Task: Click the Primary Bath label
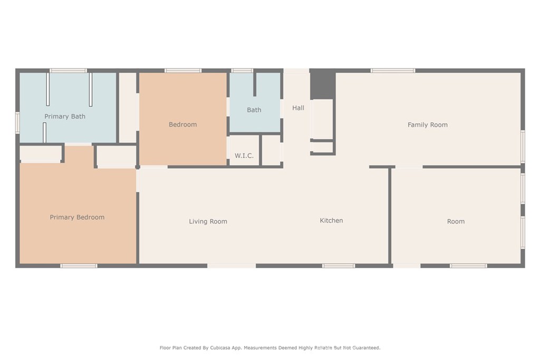pyautogui.click(x=65, y=116)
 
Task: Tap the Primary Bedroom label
pyautogui.click(x=77, y=217)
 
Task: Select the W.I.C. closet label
pyautogui.click(x=244, y=155)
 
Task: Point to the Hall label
pyautogui.click(x=298, y=108)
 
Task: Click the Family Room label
pyautogui.click(x=427, y=125)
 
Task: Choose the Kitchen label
pyautogui.click(x=331, y=220)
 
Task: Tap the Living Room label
pyautogui.click(x=208, y=221)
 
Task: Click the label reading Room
pyautogui.click(x=456, y=221)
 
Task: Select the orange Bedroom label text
pyautogui.click(x=182, y=124)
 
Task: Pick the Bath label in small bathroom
pyautogui.click(x=254, y=110)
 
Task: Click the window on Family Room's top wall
pyautogui.click(x=392, y=71)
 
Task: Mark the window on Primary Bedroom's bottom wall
pyautogui.click(x=79, y=266)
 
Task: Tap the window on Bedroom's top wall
pyautogui.click(x=182, y=71)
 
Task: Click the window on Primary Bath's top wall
pyautogui.click(x=68, y=71)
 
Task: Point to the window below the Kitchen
pyautogui.click(x=338, y=266)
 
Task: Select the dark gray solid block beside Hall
pyautogui.click(x=322, y=84)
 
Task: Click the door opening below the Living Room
pyautogui.click(x=232, y=266)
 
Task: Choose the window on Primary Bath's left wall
pyautogui.click(x=17, y=122)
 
